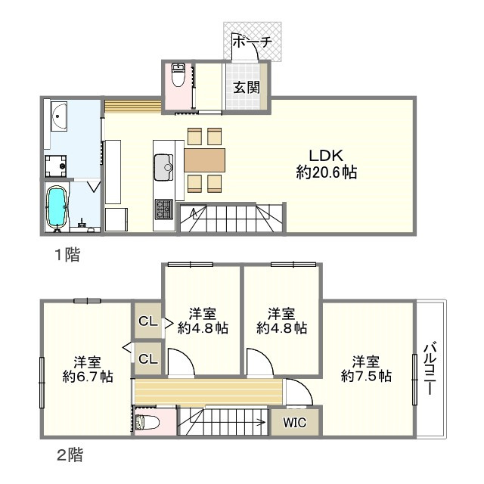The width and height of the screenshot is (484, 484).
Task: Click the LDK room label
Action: pos(326,156)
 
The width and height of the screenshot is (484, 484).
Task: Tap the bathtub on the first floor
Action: pos(56,205)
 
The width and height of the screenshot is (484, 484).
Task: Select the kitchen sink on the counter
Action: pos(163,167)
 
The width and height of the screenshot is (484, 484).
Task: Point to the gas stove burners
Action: pos(164,209)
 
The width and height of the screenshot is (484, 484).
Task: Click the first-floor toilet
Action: pos(178,75)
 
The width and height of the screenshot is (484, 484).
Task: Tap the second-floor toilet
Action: pos(147,422)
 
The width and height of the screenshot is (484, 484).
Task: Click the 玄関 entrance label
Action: pos(247,88)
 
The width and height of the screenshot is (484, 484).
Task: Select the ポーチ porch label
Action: pos(252,42)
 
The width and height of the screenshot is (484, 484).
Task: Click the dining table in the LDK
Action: pos(205,160)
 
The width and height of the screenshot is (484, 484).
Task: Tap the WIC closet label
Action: pos(295,423)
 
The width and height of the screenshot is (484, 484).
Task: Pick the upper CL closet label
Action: pos(148,321)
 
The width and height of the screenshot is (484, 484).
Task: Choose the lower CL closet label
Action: pos(148,358)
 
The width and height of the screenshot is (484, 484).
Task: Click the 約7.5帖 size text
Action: pos(366,376)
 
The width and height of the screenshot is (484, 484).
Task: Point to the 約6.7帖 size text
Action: pos(88,377)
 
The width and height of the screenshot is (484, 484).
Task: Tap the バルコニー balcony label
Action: pos(430,368)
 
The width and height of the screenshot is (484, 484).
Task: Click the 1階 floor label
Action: pos(67,255)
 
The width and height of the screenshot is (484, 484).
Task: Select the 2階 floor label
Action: pos(70,455)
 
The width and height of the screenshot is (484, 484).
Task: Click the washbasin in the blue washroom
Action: pos(59,116)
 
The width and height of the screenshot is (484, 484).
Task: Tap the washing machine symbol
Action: pos(55,166)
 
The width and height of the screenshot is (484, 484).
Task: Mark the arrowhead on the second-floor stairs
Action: pos(262,422)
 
